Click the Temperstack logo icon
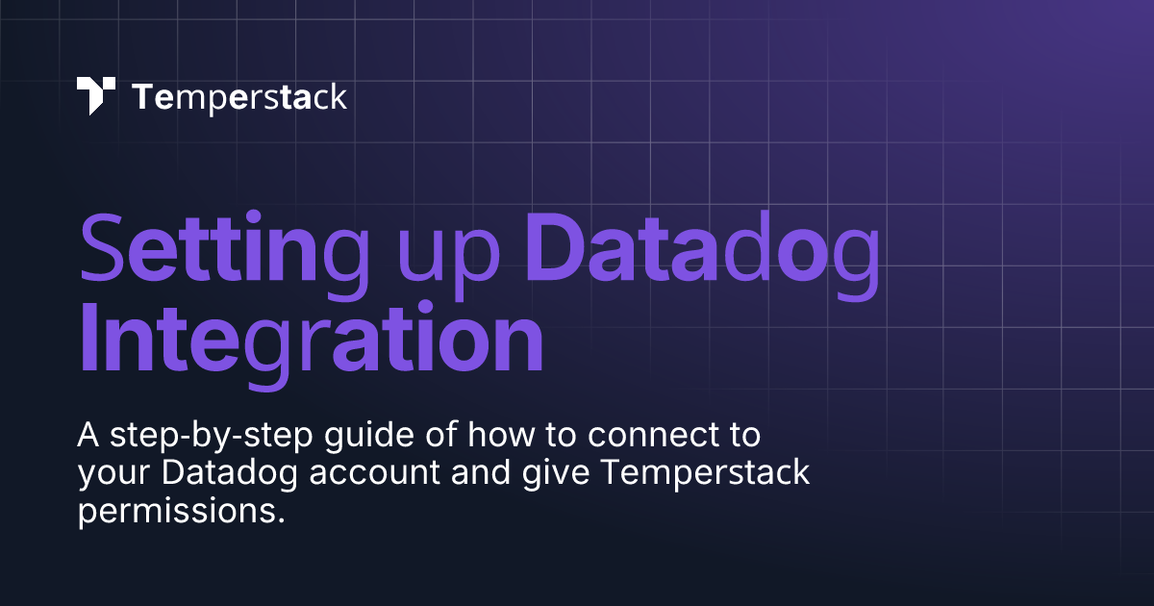[x=96, y=96]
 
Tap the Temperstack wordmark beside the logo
[x=239, y=97]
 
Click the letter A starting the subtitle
[x=88, y=435]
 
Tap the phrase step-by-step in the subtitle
[x=212, y=437]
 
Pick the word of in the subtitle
[x=441, y=434]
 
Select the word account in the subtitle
[x=374, y=473]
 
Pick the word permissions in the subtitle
[x=174, y=512]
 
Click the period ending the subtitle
[x=280, y=520]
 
